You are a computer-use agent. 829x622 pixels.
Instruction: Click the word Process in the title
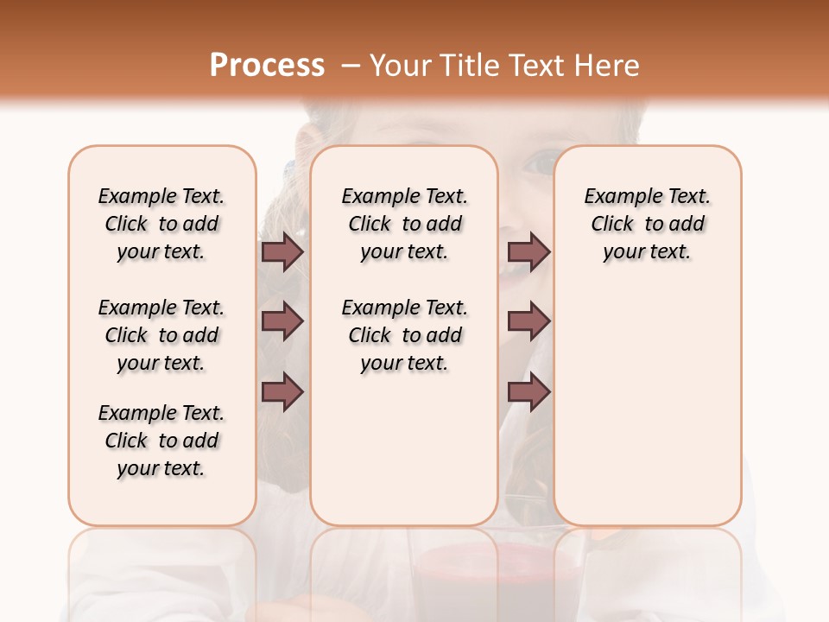(267, 65)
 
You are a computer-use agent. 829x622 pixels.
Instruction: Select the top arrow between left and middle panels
(282, 252)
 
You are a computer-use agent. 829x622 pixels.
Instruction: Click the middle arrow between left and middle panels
(282, 321)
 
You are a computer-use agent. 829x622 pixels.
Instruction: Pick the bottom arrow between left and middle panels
(282, 391)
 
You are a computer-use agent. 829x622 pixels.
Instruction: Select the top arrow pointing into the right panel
(528, 252)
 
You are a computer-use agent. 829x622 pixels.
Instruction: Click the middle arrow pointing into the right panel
(528, 321)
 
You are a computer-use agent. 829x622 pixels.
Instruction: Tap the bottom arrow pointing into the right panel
(528, 391)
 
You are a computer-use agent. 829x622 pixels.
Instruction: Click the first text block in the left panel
(161, 224)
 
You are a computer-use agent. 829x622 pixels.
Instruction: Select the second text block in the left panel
(161, 335)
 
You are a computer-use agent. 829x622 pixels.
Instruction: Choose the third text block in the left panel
(161, 441)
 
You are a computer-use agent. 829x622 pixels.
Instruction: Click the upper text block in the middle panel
(405, 224)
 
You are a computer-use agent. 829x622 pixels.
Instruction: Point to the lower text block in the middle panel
(405, 335)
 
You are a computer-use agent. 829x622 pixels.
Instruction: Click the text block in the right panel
(648, 224)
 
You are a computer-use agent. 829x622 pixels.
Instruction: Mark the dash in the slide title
(350, 65)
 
